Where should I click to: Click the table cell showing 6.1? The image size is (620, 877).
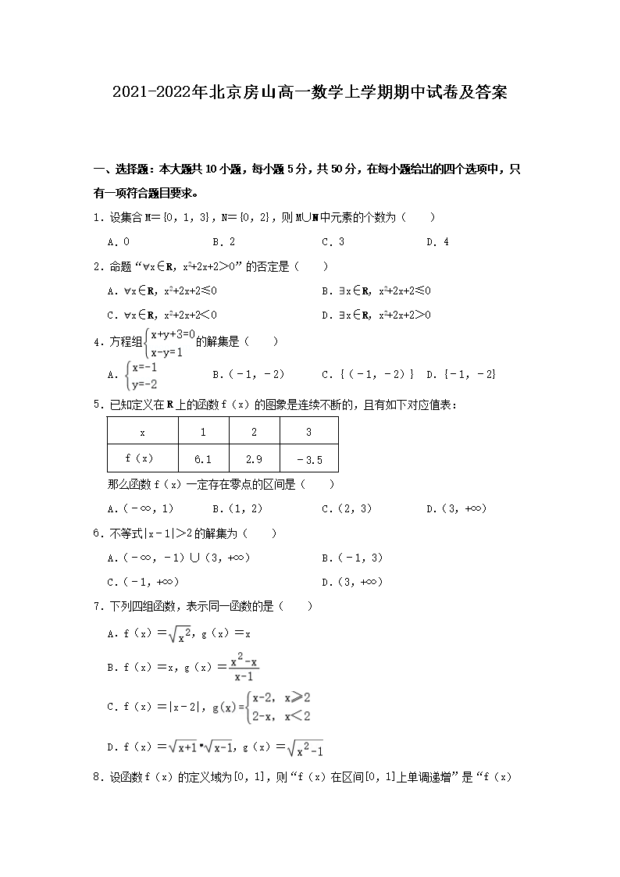click(203, 459)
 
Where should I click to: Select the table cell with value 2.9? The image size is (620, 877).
click(254, 459)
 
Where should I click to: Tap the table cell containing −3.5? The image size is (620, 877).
click(309, 459)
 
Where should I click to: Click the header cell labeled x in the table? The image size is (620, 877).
click(142, 432)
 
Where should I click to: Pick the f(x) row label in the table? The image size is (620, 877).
click(142, 459)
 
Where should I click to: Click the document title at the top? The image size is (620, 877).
click(310, 93)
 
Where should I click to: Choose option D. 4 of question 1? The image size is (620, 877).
click(437, 242)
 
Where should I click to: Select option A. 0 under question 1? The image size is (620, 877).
click(119, 242)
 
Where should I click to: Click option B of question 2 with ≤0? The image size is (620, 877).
click(376, 291)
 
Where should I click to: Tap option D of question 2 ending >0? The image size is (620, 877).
click(376, 315)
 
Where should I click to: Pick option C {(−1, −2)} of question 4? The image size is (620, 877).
click(368, 374)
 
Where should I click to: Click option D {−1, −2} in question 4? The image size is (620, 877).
click(461, 374)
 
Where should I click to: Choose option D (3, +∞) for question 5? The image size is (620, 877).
click(457, 508)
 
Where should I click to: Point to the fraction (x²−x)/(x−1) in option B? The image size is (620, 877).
click(244, 668)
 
